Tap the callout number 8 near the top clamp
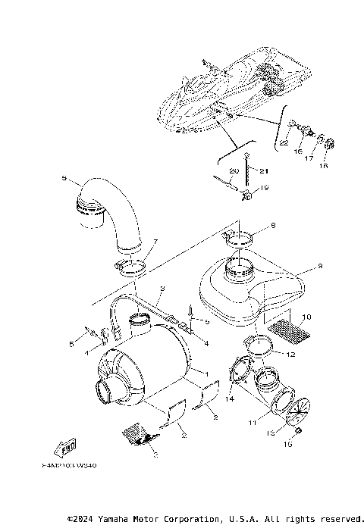click(x=274, y=226)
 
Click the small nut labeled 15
click(x=299, y=432)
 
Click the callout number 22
click(x=284, y=142)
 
